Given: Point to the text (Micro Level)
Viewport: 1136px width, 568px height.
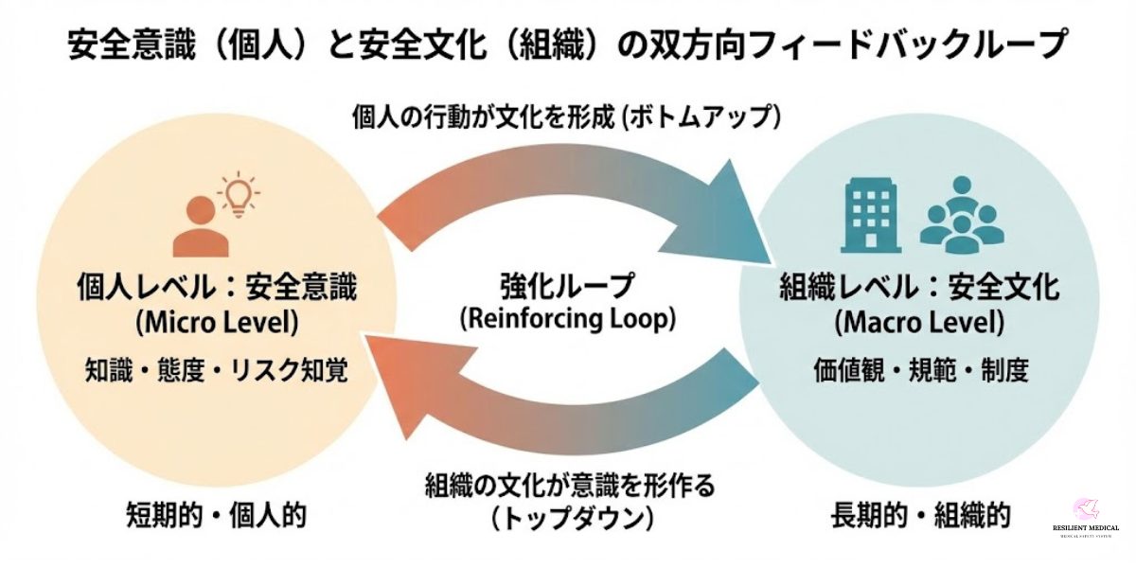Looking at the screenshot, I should tap(217, 323).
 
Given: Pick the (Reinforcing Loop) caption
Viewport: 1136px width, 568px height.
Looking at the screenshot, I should tap(568, 318).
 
